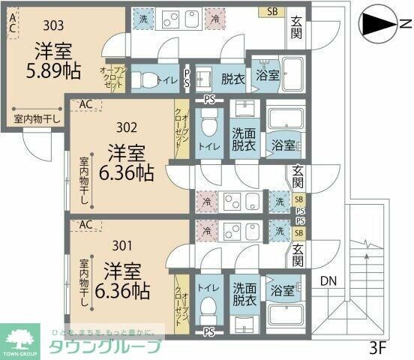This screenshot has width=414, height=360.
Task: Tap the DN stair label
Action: tap(328, 281)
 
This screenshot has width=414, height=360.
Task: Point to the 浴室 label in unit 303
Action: tap(267, 75)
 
